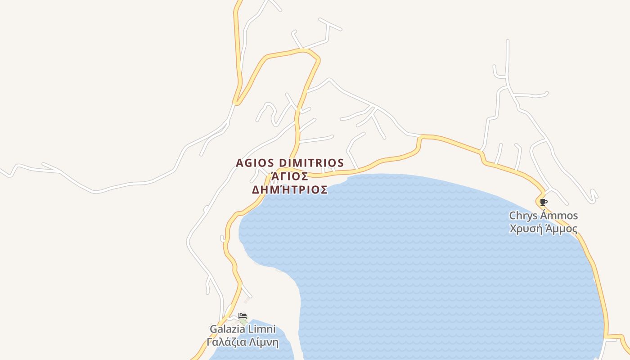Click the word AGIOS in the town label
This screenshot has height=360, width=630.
tap(256, 162)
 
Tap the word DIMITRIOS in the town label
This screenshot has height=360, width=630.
tap(311, 162)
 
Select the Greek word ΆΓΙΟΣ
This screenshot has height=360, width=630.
tap(290, 176)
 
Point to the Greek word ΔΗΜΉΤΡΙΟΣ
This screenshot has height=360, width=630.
tap(290, 190)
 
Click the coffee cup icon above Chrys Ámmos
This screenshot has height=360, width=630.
tap(543, 202)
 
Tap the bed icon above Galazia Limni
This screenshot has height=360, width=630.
tap(243, 316)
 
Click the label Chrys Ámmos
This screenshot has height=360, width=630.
tap(543, 216)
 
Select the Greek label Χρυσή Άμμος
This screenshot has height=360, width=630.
tap(543, 229)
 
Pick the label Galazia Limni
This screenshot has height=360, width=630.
tap(243, 329)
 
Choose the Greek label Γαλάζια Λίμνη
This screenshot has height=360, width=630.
tap(243, 342)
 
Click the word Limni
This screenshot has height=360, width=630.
tap(262, 329)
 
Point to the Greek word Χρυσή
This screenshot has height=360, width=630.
tap(523, 229)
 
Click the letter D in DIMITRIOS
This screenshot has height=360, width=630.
tap(283, 162)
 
